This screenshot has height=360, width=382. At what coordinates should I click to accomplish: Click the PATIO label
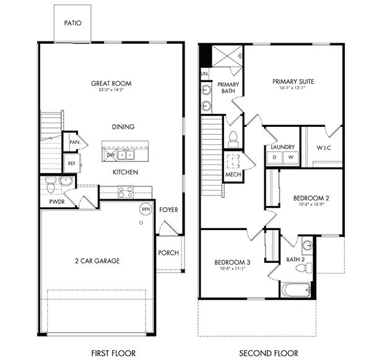pos(73,24)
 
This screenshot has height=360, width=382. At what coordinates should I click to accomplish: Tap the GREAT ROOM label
pos(111,84)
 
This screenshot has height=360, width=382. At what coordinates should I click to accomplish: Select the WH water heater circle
pos(145,209)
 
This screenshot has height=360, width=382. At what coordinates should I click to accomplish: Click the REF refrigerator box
pos(72,164)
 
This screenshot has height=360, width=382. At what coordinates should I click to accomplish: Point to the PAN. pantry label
pos(75,142)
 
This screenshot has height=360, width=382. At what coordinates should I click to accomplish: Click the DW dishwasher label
pos(111,155)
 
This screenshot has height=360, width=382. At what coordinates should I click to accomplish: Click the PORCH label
pos(168,252)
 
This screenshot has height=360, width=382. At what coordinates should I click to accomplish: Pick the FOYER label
pos(168,210)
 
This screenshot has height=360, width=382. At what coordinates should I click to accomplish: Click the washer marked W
pos(290,158)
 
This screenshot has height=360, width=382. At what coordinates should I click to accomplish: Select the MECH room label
pos(233,174)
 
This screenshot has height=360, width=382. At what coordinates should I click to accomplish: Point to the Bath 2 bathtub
pos(297,289)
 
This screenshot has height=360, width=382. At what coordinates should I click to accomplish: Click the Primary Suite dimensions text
pos(293,88)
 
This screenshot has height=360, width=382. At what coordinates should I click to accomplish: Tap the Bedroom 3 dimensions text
pos(232,268)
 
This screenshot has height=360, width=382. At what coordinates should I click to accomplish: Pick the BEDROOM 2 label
pos(310,198)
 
